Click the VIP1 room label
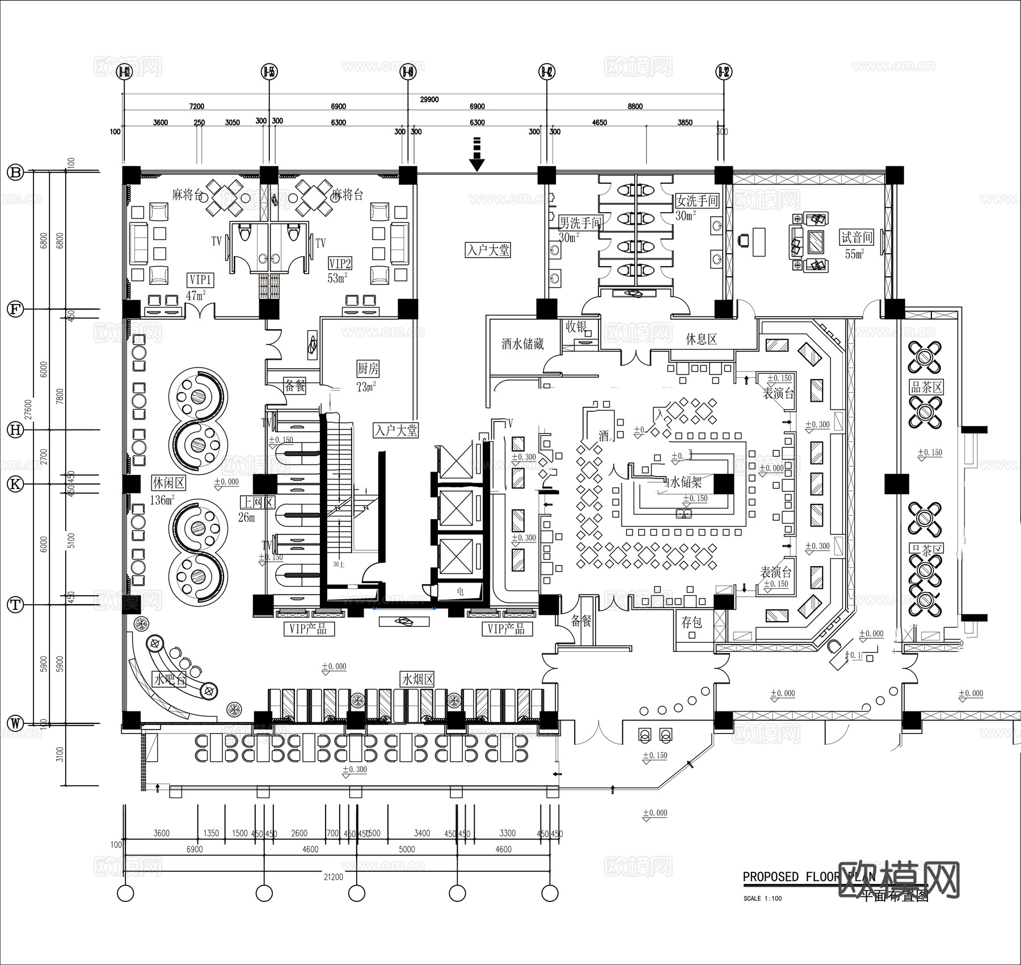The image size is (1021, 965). click(x=200, y=280)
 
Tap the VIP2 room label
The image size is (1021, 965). click(x=340, y=264)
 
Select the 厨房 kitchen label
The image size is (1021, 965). click(x=368, y=369)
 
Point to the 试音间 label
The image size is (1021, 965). click(x=857, y=237)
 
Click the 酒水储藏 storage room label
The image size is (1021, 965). click(x=522, y=344)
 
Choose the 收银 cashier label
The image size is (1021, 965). click(x=576, y=327)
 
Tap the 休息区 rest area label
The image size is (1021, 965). click(x=701, y=339)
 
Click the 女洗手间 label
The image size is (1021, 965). click(x=697, y=201)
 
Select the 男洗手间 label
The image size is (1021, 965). click(x=581, y=222)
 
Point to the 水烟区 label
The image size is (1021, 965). click(x=417, y=679)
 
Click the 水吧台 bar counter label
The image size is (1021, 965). click(x=169, y=679)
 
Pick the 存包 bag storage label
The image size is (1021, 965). click(x=691, y=622)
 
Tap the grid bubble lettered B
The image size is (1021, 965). click(x=15, y=172)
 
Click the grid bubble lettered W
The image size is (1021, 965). click(x=15, y=723)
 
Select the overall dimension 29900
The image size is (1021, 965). click(x=429, y=99)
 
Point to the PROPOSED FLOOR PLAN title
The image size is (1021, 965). click(x=808, y=876)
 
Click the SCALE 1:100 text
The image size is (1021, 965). click(x=762, y=899)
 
